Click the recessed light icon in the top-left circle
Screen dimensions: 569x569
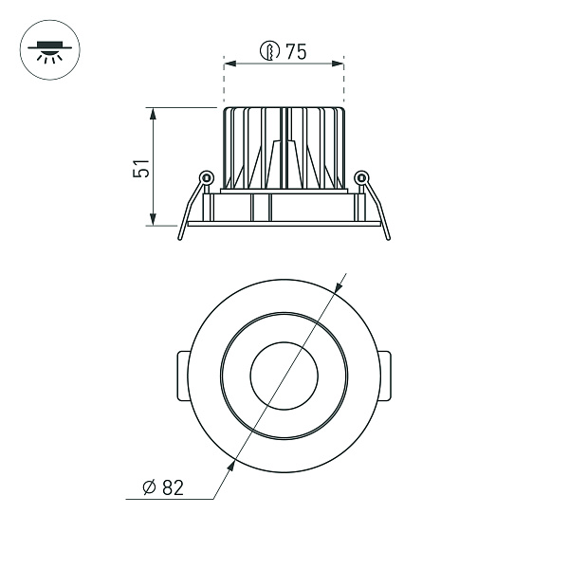[x=46, y=50]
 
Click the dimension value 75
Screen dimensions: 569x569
[x=296, y=53]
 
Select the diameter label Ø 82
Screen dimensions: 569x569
[x=162, y=488]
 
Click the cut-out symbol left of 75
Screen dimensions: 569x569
[x=271, y=53]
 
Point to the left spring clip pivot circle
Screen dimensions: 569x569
[x=206, y=176]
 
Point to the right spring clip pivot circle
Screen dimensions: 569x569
[x=360, y=176]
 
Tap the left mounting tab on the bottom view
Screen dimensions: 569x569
[x=183, y=375]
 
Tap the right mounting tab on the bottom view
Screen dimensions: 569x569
[x=383, y=375]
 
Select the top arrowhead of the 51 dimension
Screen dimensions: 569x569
[x=152, y=113]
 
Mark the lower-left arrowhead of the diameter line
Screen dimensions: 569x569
[x=232, y=464]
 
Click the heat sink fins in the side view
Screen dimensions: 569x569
[x=283, y=147]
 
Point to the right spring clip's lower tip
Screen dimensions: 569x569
[x=388, y=237]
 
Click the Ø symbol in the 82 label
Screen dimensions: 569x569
[x=148, y=488]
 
